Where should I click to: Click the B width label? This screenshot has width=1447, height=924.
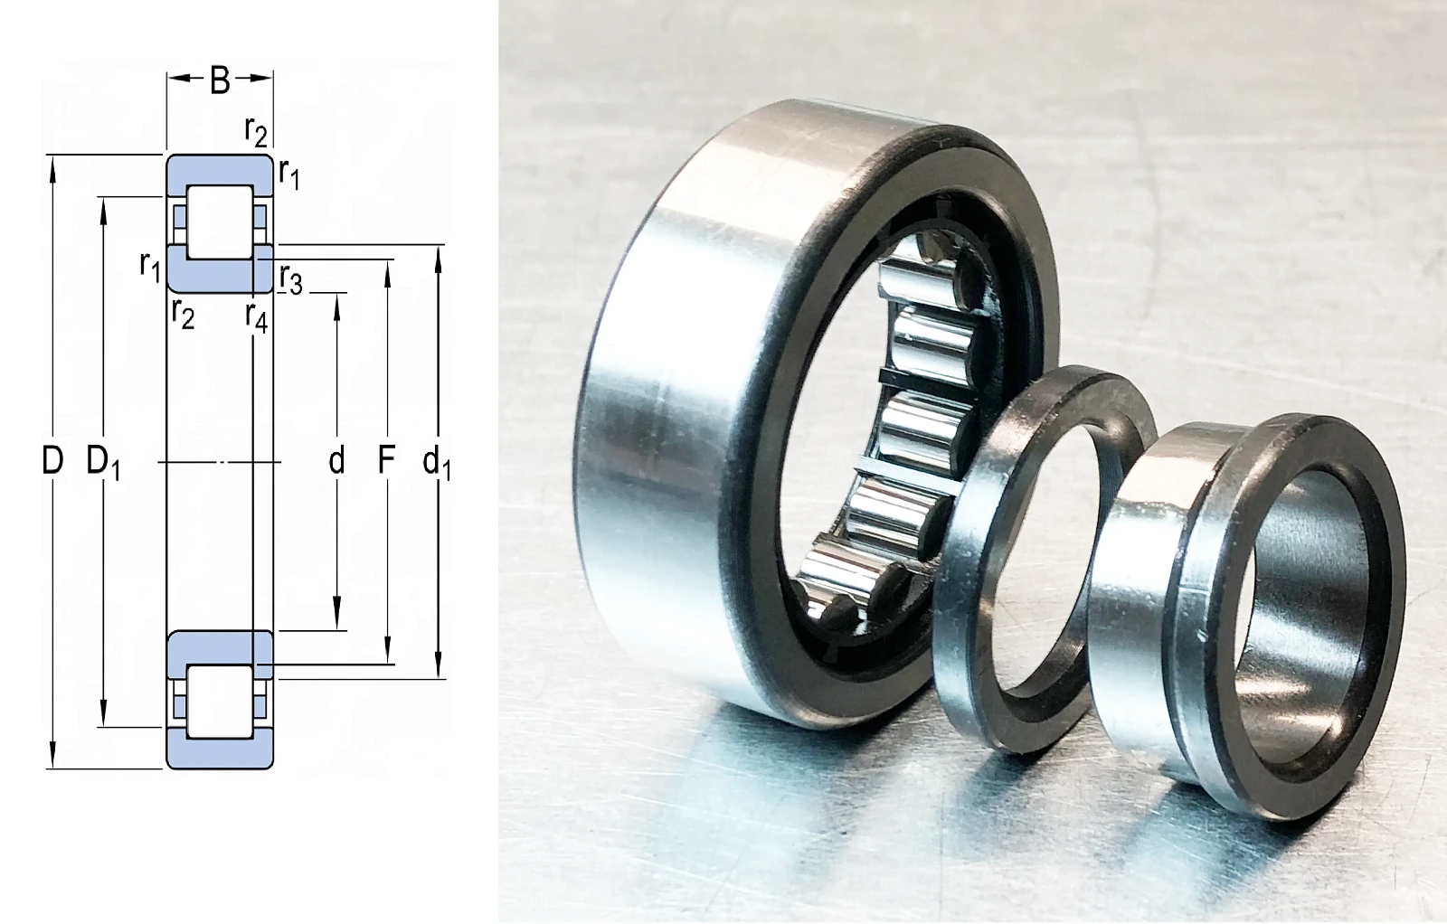(x=220, y=80)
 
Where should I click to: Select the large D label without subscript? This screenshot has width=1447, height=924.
(x=53, y=461)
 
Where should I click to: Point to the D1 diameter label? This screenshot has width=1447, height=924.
(x=103, y=463)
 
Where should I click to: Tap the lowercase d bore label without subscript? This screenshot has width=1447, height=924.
(x=336, y=461)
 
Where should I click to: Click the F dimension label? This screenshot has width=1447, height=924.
(x=386, y=461)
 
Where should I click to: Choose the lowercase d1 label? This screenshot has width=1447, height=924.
(x=437, y=463)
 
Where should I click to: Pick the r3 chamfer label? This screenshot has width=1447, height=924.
(x=291, y=279)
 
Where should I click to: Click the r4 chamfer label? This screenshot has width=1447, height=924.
(x=257, y=317)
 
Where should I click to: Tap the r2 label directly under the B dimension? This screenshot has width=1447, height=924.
(x=256, y=131)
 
